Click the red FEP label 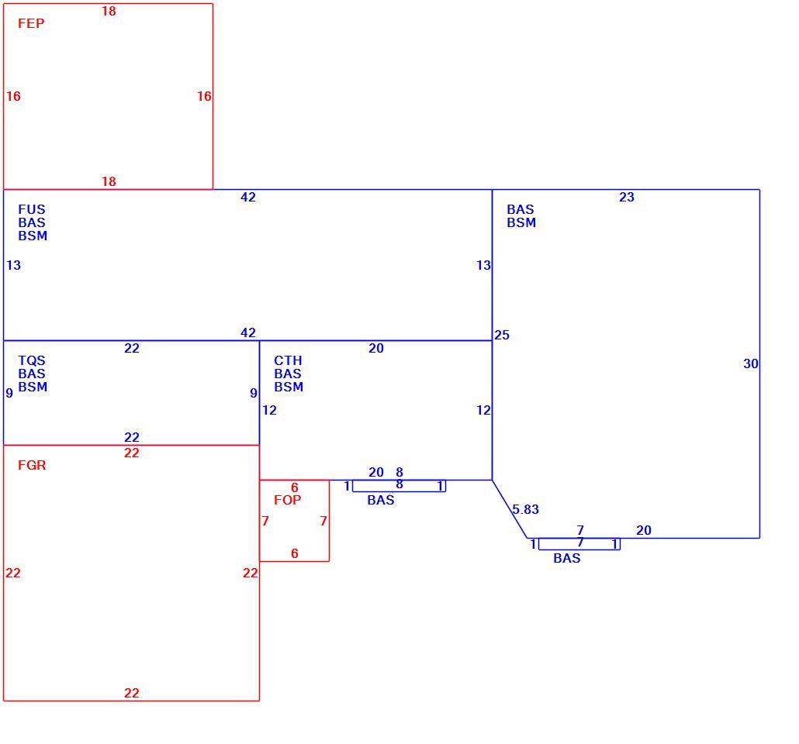tap(31, 23)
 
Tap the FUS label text tap(32, 209)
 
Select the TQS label tap(32, 360)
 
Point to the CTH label tap(288, 360)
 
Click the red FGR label tap(32, 465)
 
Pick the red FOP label tap(287, 500)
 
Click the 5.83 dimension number tap(525, 509)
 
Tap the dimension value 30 tap(751, 363)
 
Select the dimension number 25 tap(502, 335)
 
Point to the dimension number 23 tap(627, 197)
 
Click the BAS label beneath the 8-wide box tap(381, 500)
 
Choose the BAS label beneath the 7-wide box tap(567, 558)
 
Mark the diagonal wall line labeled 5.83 tap(510, 508)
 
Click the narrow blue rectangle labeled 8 tap(399, 486)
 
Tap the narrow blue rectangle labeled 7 tap(579, 544)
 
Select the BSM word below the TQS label tap(33, 387)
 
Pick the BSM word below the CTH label tap(289, 387)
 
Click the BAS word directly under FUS tap(32, 222)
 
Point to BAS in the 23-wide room tap(521, 209)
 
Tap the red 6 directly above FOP tap(295, 487)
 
